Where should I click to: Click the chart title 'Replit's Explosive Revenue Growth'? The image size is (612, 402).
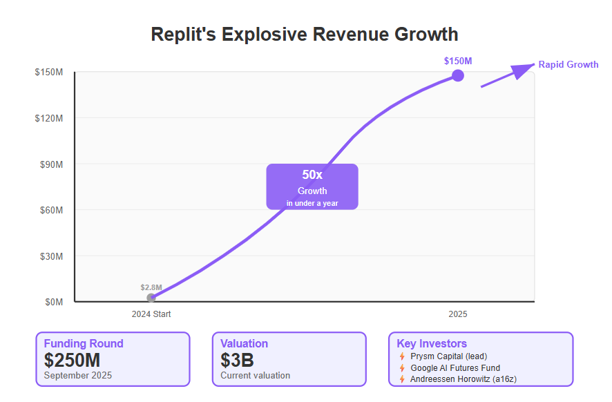click(305, 34)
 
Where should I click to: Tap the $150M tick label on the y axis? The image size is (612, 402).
click(49, 73)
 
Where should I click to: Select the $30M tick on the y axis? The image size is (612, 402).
click(52, 256)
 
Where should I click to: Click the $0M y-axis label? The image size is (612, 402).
click(54, 302)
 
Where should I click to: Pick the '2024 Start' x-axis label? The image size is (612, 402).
click(151, 314)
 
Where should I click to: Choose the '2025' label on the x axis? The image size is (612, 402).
click(457, 314)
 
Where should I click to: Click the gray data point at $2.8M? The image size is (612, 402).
click(151, 298)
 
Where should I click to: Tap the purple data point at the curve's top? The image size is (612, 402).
click(457, 75)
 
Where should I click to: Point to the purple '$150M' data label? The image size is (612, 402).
click(457, 61)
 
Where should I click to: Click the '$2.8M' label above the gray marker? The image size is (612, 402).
click(151, 287)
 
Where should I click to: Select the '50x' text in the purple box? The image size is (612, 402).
click(312, 175)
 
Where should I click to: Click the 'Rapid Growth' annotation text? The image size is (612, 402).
click(568, 64)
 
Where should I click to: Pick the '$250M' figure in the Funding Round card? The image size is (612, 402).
click(72, 360)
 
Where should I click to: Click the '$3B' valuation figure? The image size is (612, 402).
click(237, 360)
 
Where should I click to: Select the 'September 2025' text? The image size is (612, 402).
click(77, 376)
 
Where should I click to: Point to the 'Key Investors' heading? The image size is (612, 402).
click(432, 343)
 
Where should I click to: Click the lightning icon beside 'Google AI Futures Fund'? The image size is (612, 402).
click(402, 368)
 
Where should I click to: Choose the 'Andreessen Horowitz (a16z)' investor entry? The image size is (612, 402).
click(463, 379)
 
